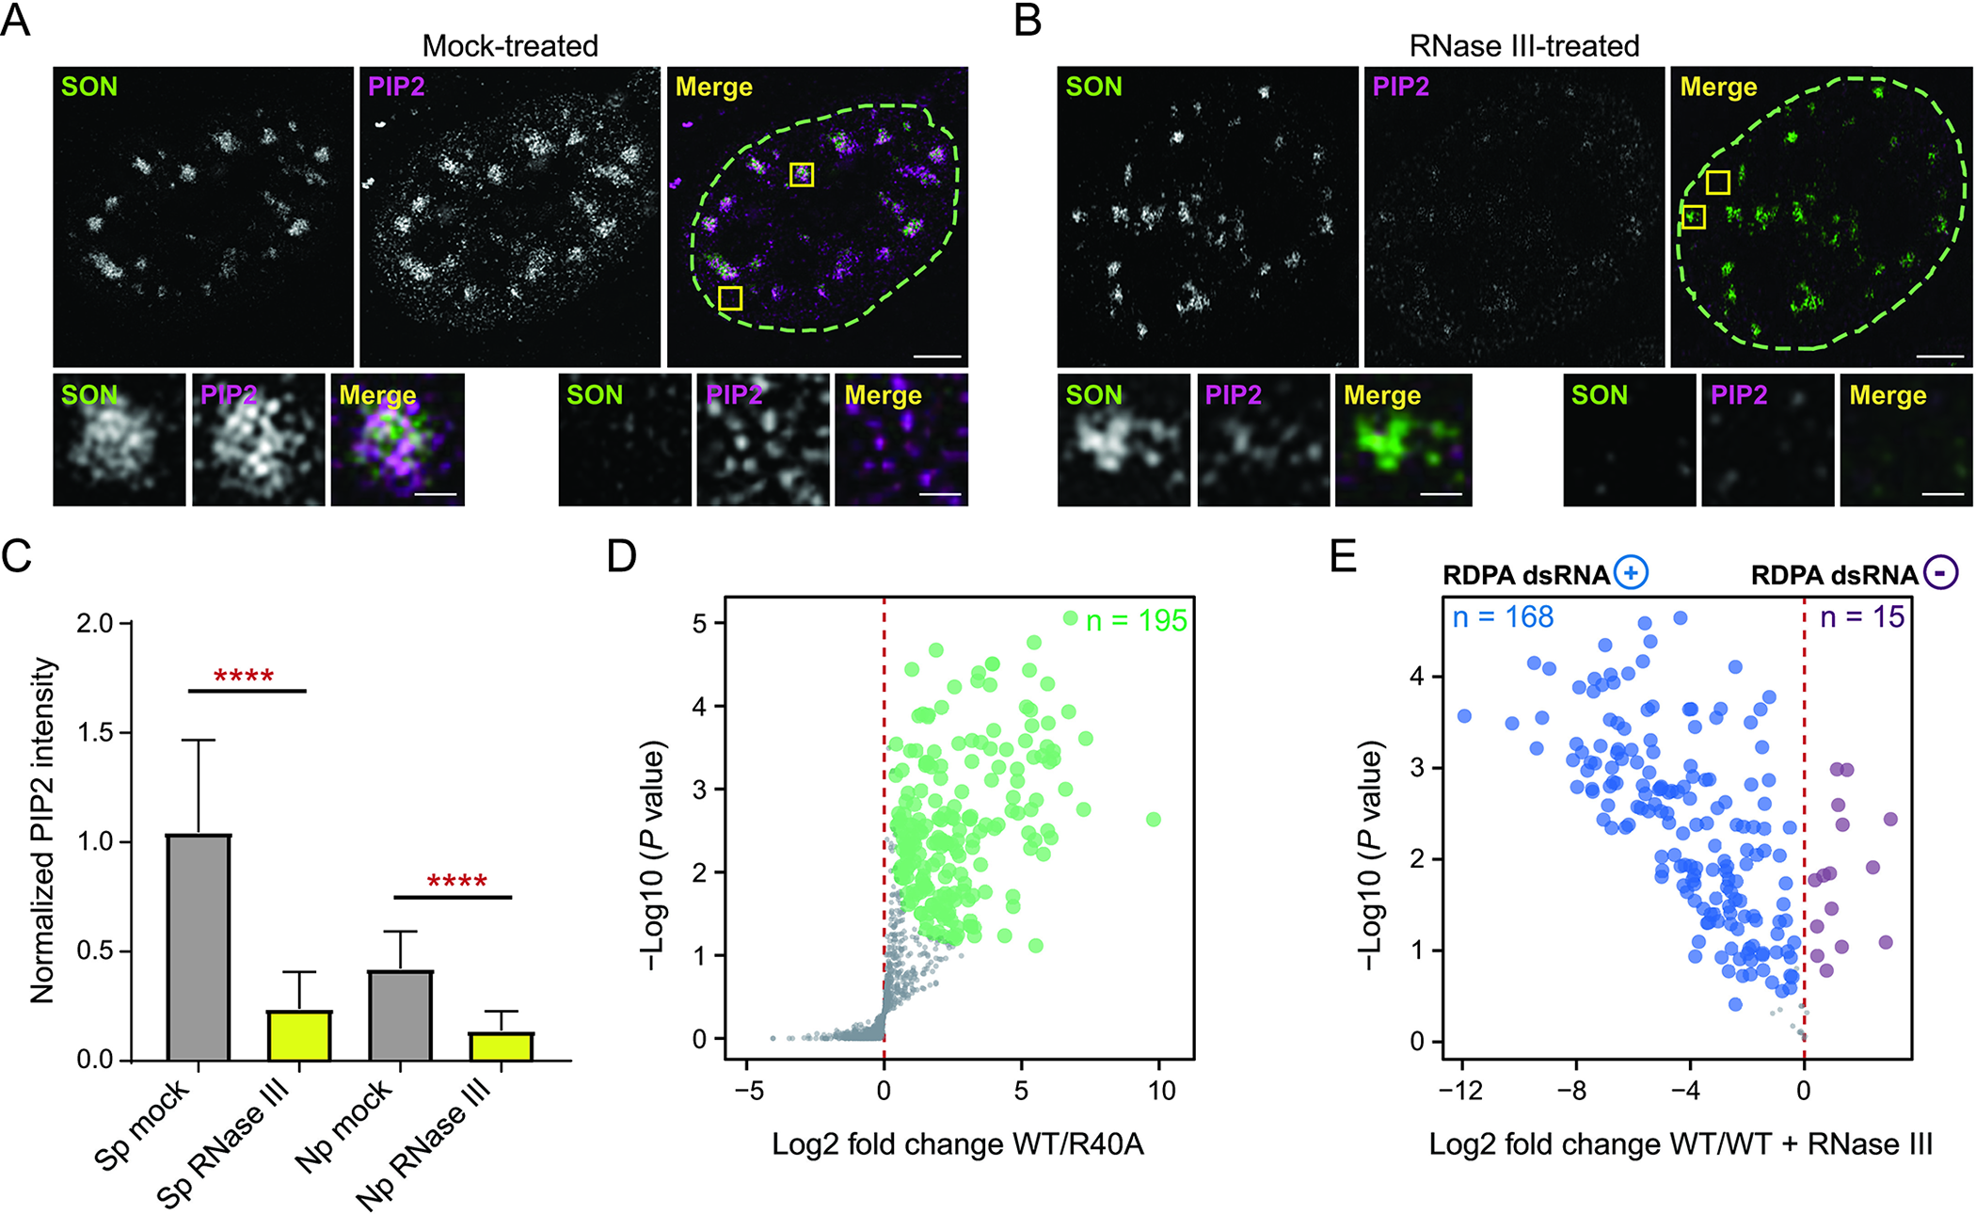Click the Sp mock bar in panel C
[199, 947]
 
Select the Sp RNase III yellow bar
[299, 1035]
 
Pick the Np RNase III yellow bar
[502, 1046]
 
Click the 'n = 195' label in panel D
[1136, 621]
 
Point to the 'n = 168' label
[1503, 617]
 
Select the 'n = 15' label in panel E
[1862, 617]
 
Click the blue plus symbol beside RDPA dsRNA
[1632, 573]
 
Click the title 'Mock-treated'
[510, 45]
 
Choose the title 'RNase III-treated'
[1524, 45]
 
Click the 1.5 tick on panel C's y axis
[95, 732]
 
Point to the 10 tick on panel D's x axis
[1162, 1091]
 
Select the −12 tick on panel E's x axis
[1460, 1091]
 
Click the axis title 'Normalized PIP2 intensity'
[42, 831]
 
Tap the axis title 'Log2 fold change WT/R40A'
[958, 1144]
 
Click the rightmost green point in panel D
[1154, 820]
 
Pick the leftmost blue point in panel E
[1464, 716]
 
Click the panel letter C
[17, 556]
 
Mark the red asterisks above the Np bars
[456, 882]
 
